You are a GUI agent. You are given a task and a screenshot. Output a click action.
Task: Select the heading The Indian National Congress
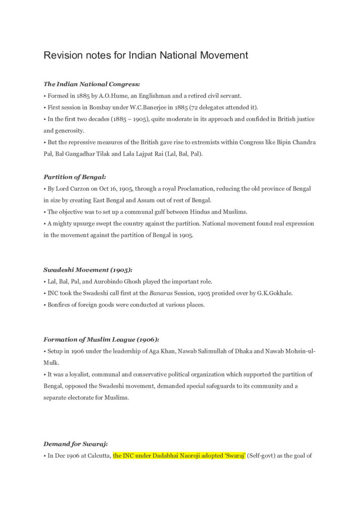pyautogui.click(x=91, y=84)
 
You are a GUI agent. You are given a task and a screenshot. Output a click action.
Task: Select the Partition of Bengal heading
pyautogui.click(x=75, y=177)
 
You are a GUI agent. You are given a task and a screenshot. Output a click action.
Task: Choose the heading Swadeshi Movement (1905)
pyautogui.click(x=88, y=270)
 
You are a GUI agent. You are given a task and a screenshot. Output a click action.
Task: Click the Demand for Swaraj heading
pyautogui.click(x=75, y=444)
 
